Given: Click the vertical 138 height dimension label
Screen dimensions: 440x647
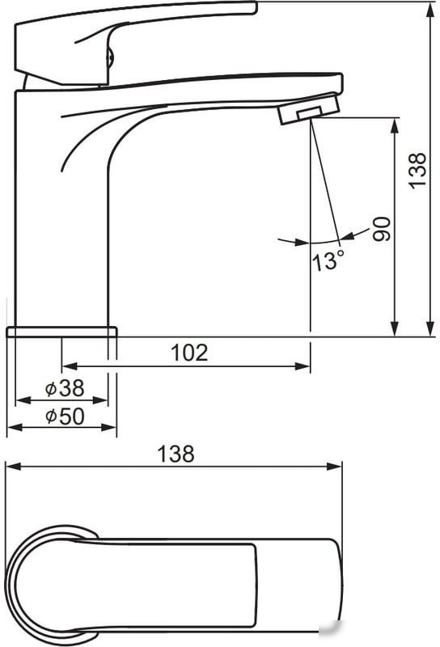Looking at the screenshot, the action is pos(417,171).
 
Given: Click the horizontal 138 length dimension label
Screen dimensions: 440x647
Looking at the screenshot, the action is pos(176,454).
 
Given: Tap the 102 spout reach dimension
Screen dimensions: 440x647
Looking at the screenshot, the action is pos(189,353).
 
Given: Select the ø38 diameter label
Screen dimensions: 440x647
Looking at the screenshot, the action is pos(65,388).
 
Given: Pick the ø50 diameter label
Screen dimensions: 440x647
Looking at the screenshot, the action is pos(65,417).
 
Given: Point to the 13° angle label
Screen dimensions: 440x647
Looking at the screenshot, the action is pos(328,260).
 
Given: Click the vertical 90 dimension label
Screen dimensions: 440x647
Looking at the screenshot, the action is pos(382,229).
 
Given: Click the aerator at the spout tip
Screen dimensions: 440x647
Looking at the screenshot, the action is pos(309,109).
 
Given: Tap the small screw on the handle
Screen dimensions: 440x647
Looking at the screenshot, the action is pos(109,57).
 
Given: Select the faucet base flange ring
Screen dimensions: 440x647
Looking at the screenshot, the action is pos(62,332).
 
